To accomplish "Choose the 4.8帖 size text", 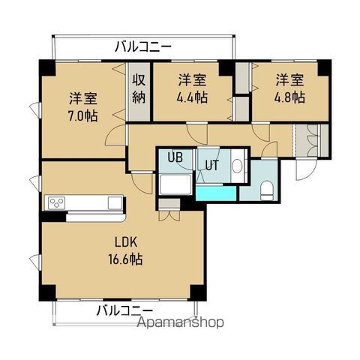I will [289, 97].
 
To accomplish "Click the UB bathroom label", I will [175, 157].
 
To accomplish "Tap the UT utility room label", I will [211, 166].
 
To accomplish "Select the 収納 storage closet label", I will [139, 88].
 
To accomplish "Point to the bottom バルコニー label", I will [124, 310].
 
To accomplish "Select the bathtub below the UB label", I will [176, 184].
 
